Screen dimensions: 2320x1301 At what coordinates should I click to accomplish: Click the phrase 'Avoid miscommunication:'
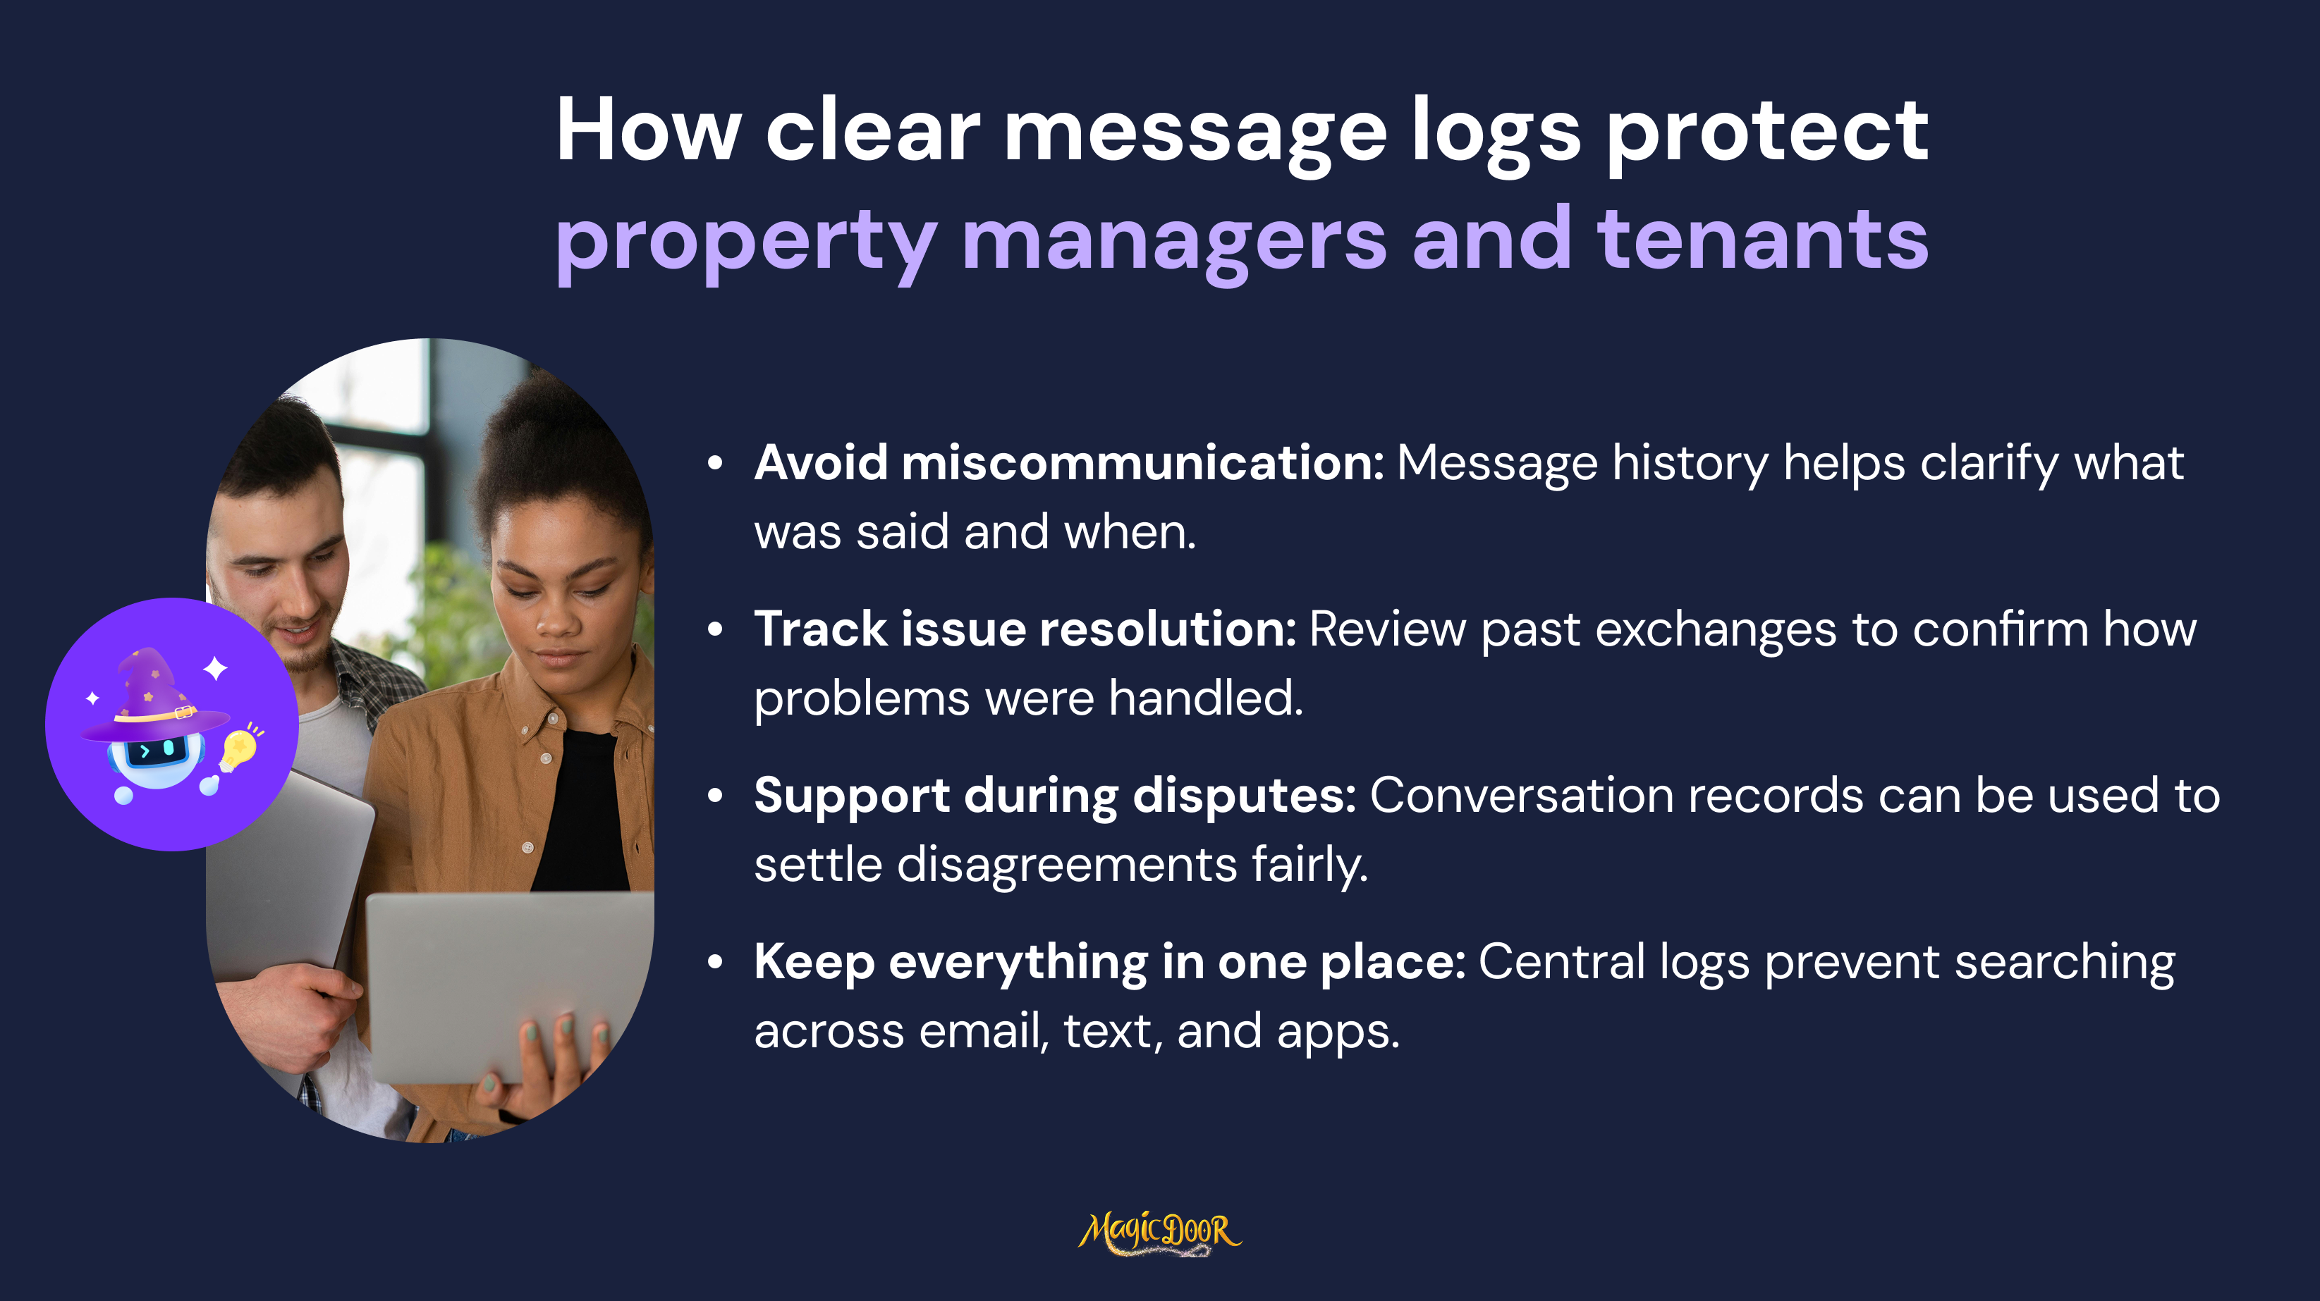coord(1069,463)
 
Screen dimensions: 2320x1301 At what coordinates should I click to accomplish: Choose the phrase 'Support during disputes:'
coord(1055,796)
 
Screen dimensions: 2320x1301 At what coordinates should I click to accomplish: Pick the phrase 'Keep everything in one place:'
coord(1109,963)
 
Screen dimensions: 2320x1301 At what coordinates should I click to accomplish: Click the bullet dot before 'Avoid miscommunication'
coord(715,464)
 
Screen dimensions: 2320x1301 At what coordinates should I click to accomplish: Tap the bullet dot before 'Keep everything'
coord(715,963)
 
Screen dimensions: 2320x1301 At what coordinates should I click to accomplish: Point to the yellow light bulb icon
coord(238,749)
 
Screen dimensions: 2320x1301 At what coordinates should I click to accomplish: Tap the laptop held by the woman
coord(509,986)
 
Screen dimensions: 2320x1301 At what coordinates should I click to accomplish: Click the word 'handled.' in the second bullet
coord(1206,698)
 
